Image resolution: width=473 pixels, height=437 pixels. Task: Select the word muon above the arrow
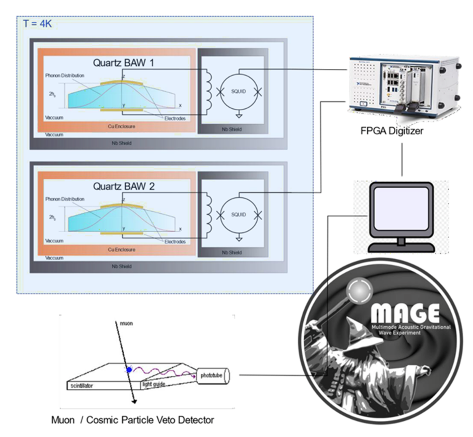pos(126,322)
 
